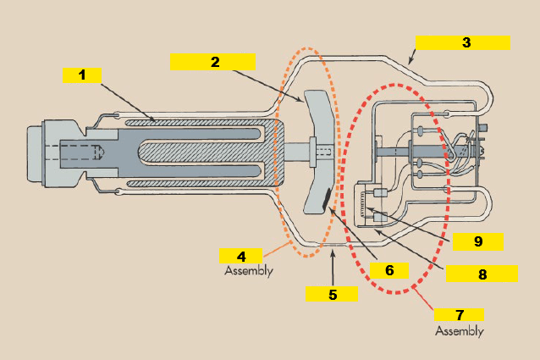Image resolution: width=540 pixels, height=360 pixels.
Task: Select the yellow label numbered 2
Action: [212, 62]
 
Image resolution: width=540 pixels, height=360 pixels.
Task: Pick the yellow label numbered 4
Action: [240, 256]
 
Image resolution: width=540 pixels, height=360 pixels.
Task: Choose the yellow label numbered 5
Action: [332, 293]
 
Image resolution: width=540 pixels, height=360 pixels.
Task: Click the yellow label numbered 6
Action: [389, 270]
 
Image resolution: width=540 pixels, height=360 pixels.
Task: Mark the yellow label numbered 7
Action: [459, 314]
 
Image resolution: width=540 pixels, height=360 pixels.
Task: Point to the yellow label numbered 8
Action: [482, 274]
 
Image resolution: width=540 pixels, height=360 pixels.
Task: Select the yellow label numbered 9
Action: [478, 241]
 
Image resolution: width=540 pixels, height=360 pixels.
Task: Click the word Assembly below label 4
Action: [249, 271]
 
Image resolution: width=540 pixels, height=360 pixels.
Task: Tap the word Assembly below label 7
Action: [460, 330]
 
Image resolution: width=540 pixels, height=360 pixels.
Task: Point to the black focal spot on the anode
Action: [327, 201]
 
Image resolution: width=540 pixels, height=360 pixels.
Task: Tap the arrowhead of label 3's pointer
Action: [410, 64]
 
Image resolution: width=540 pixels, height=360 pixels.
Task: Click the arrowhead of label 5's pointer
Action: [333, 252]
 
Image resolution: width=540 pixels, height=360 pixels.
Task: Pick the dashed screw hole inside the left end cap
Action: [80, 152]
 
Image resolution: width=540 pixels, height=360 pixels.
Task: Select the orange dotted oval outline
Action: [278, 152]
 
